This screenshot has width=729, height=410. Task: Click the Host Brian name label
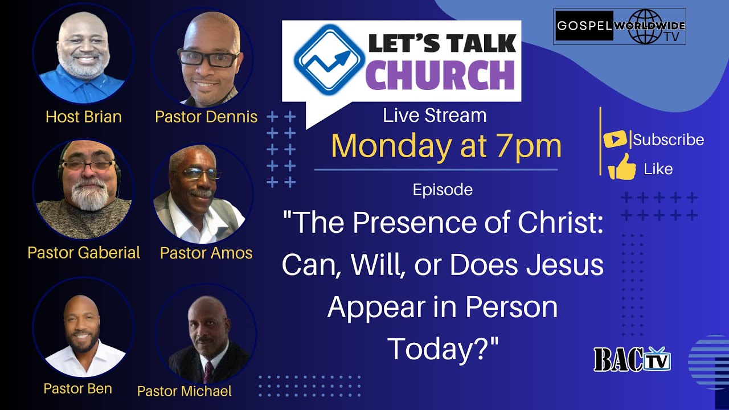coord(84,117)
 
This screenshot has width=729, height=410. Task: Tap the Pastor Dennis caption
coord(206,117)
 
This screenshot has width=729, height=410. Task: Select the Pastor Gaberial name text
coord(84,253)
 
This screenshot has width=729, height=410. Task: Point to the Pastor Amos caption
coord(206,253)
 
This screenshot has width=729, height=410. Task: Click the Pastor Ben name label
coord(77,388)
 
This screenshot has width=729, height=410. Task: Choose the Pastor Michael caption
coord(185,391)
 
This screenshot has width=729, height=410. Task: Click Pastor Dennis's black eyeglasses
coord(208,58)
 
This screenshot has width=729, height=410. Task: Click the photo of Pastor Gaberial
coord(83,188)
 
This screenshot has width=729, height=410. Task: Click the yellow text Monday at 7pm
coord(446,146)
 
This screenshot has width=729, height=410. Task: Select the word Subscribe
coord(668,140)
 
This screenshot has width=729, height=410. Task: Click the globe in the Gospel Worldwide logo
coord(642,27)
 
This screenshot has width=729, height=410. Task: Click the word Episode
coord(443,190)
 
